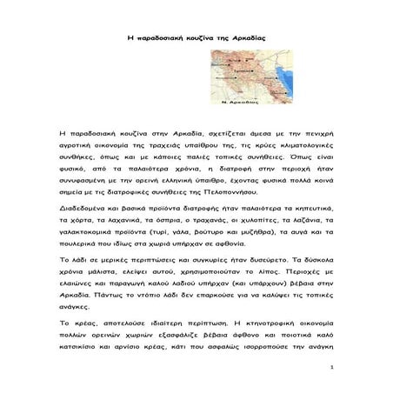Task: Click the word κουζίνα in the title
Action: [x=190, y=40]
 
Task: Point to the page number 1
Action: [x=333, y=367]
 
